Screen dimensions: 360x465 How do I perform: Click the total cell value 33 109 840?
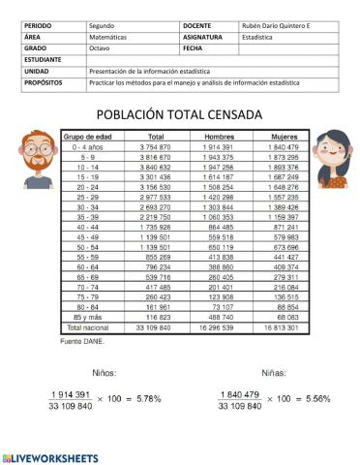click(x=151, y=326)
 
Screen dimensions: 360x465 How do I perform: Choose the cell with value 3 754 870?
click(x=151, y=145)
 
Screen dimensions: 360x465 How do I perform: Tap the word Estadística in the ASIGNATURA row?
click(x=257, y=36)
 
